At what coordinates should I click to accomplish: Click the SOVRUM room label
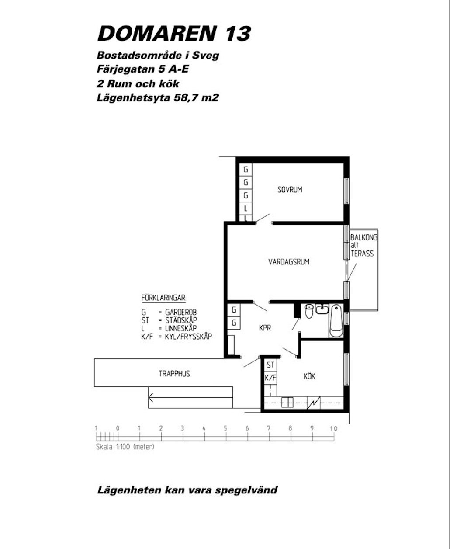(x=290, y=190)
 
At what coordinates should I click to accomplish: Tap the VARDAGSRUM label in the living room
(x=289, y=262)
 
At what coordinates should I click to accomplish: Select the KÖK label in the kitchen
(x=309, y=376)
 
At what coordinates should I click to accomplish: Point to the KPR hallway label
(x=265, y=328)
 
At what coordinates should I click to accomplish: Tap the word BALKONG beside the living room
(x=364, y=237)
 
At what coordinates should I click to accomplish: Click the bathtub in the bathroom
(x=336, y=321)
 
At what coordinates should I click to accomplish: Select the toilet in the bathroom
(x=309, y=311)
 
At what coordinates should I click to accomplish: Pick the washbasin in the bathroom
(x=322, y=309)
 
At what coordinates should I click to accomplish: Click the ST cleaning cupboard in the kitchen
(x=270, y=365)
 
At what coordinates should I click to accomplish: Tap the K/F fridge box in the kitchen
(x=270, y=378)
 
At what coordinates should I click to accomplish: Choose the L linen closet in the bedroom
(x=246, y=208)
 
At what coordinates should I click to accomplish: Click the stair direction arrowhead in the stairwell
(x=150, y=397)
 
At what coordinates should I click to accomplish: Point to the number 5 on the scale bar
(x=225, y=428)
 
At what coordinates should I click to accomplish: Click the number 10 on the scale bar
(x=333, y=428)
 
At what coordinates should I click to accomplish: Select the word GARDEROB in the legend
(x=181, y=312)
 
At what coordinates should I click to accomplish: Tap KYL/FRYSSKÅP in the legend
(x=188, y=337)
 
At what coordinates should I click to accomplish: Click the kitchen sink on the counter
(x=287, y=402)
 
